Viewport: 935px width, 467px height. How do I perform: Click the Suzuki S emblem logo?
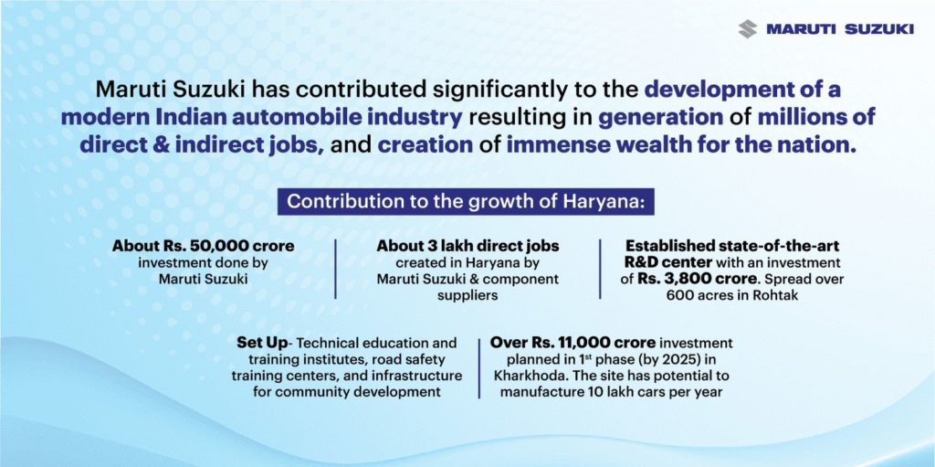pos(747,28)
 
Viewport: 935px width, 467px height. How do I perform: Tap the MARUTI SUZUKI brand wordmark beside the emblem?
pos(840,29)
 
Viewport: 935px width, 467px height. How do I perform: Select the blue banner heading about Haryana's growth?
pos(466,201)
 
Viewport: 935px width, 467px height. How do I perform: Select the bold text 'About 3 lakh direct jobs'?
pos(467,246)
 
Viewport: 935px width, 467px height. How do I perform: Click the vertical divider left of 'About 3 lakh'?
pos(335,269)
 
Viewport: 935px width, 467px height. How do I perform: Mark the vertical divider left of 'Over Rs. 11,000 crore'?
pos(479,368)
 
